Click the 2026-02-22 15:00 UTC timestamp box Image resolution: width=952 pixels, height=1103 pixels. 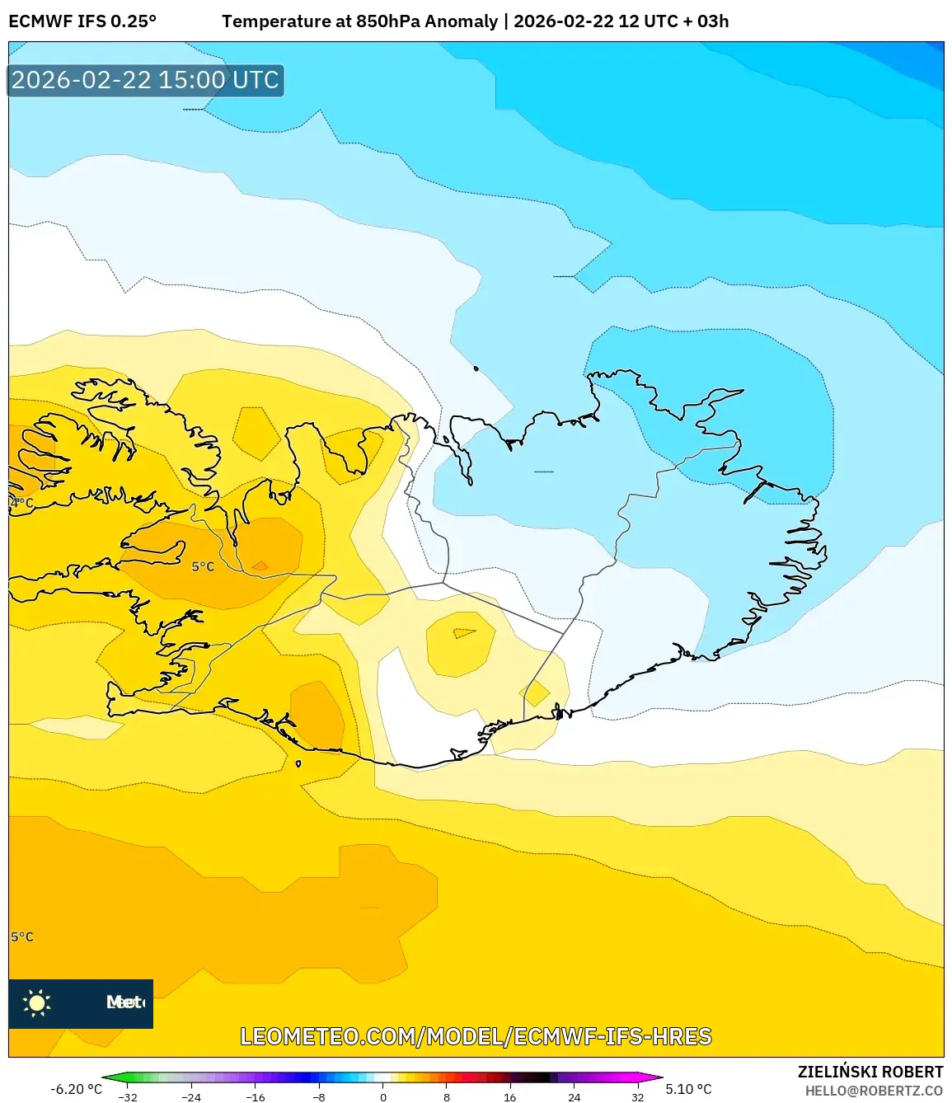tap(145, 80)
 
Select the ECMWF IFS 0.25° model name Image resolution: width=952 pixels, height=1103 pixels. tap(82, 21)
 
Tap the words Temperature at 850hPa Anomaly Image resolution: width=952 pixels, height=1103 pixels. tap(359, 21)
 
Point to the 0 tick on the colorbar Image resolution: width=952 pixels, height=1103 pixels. tap(383, 1096)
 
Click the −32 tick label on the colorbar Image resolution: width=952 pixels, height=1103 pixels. tap(127, 1097)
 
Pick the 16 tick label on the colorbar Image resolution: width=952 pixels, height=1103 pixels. tap(510, 1097)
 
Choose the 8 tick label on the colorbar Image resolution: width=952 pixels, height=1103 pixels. tap(447, 1097)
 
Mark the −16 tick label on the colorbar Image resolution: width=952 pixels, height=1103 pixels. tap(255, 1097)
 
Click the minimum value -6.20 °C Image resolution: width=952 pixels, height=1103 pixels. tap(76, 1089)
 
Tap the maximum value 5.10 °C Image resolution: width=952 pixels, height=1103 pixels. tap(688, 1089)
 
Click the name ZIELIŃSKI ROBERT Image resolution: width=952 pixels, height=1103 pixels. tap(870, 1072)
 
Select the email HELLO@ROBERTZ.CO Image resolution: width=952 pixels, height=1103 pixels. tap(874, 1091)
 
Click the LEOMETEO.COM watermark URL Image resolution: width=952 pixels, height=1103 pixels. tap(476, 1036)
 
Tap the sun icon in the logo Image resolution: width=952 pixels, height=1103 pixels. tap(37, 1002)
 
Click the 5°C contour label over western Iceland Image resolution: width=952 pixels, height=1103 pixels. tap(203, 566)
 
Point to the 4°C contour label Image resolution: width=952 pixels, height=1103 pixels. tap(21, 502)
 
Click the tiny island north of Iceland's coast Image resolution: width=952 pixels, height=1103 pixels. tap(476, 368)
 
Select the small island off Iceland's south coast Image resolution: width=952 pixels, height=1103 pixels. tap(298, 763)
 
